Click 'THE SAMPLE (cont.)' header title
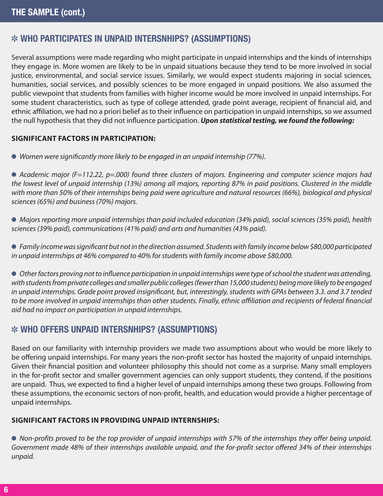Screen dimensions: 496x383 coord(48,12)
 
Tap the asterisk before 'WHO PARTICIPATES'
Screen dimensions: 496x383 coord(15,40)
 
